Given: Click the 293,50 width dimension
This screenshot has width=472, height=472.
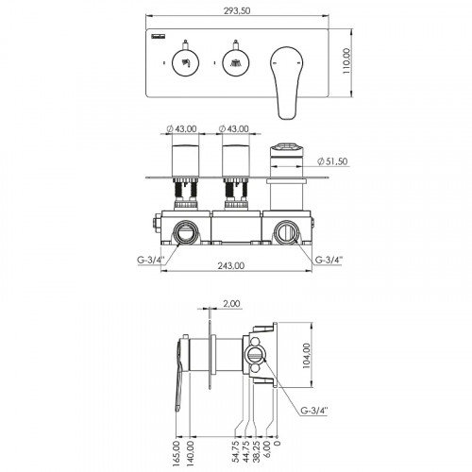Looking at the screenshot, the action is pyautogui.click(x=237, y=10).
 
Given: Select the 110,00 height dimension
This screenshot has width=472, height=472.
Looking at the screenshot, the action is pyautogui.click(x=346, y=61).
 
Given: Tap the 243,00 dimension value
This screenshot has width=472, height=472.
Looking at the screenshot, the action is pyautogui.click(x=231, y=265).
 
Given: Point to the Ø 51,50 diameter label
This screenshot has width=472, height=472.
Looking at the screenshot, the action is pyautogui.click(x=332, y=161).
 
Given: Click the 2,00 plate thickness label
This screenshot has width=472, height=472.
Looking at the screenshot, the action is pyautogui.click(x=231, y=304).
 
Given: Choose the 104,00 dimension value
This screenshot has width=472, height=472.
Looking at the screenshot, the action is pyautogui.click(x=306, y=356).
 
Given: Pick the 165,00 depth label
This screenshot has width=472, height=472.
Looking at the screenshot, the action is pyautogui.click(x=177, y=453).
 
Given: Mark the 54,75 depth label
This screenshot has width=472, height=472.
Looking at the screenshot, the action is pyautogui.click(x=236, y=451).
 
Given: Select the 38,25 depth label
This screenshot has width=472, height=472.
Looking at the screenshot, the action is pyautogui.click(x=257, y=451).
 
